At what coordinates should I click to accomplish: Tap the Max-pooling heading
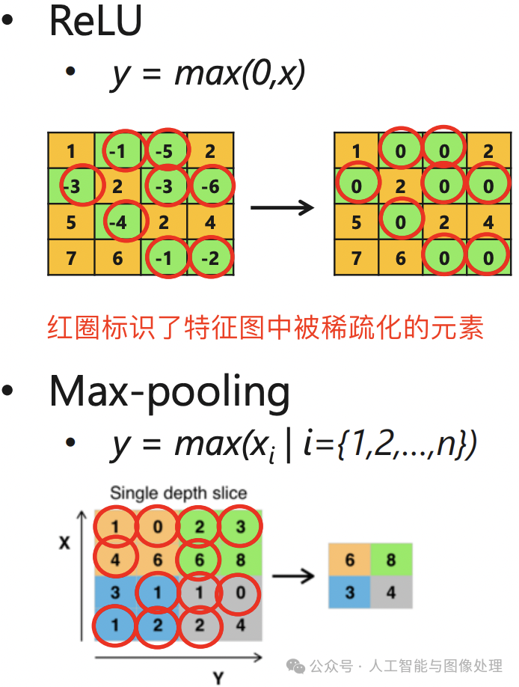(169, 391)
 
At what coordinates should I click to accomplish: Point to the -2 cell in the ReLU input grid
(212, 258)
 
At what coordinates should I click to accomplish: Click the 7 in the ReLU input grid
(70, 258)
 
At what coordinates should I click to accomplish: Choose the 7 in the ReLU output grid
(356, 258)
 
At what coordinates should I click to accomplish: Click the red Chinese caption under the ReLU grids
(265, 327)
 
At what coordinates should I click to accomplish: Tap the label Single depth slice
(178, 493)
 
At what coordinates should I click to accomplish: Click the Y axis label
(218, 678)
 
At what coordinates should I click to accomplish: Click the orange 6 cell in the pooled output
(349, 561)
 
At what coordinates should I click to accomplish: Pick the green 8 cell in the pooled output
(391, 561)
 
